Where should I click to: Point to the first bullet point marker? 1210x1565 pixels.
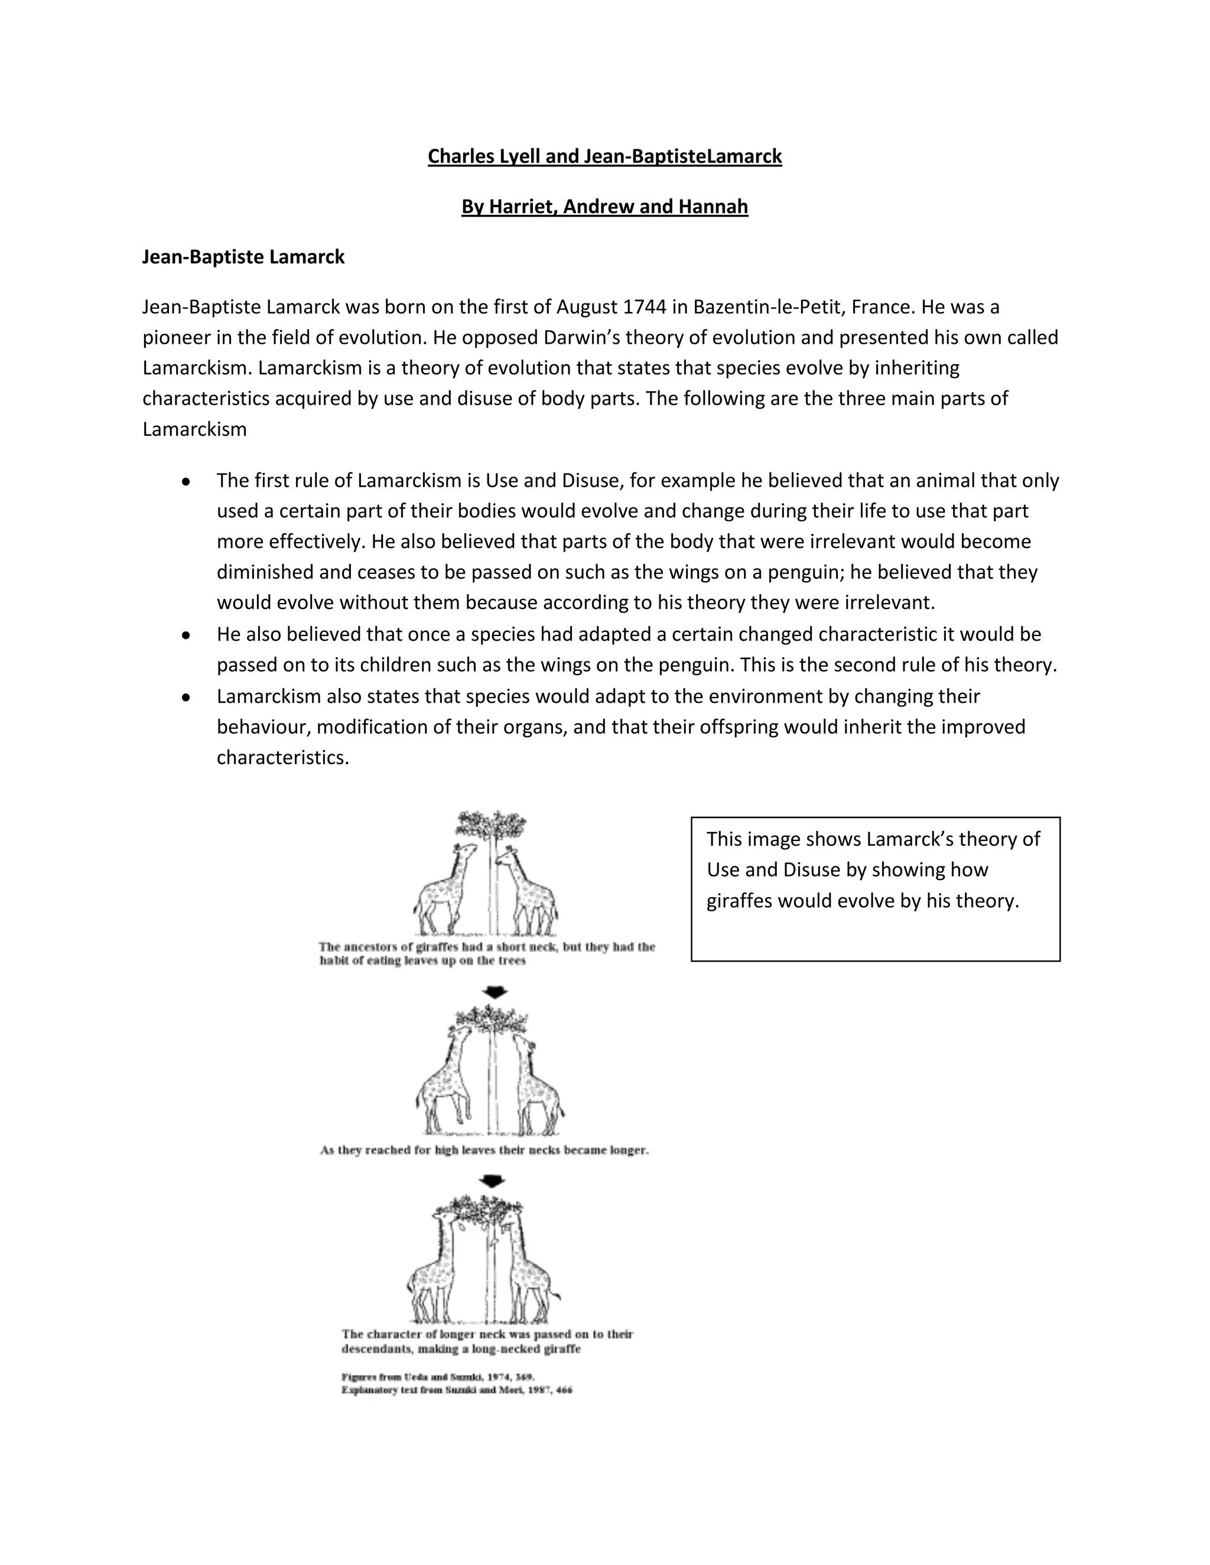[x=186, y=481]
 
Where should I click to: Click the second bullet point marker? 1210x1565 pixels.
[x=186, y=635]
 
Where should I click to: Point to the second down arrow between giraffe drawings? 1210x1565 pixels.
[x=493, y=1182]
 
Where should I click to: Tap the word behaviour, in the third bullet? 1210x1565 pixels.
[x=264, y=728]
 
